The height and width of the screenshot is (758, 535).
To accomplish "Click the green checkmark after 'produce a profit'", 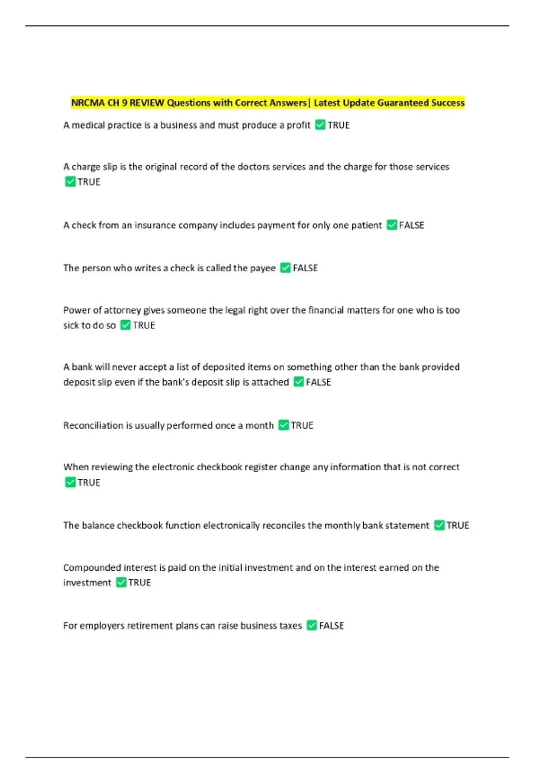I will pyautogui.click(x=320, y=125).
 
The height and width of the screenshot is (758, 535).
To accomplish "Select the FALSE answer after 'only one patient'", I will pyautogui.click(x=412, y=225).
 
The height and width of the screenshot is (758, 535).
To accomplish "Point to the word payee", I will pyautogui.click(x=263, y=268).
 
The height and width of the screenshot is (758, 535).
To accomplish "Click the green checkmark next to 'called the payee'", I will pyautogui.click(x=285, y=268).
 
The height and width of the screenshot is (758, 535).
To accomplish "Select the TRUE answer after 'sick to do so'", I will pyautogui.click(x=144, y=325).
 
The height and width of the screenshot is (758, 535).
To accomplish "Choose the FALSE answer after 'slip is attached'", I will pyautogui.click(x=318, y=382).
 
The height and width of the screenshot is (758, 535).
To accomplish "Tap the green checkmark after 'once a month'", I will pyautogui.click(x=284, y=425).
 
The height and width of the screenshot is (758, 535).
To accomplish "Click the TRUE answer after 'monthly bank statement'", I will pyautogui.click(x=458, y=525).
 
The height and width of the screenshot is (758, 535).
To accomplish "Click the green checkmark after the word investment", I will pyautogui.click(x=121, y=582).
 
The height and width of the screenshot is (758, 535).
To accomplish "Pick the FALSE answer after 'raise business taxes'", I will pyautogui.click(x=331, y=626).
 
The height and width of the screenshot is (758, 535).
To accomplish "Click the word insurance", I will pyautogui.click(x=155, y=225).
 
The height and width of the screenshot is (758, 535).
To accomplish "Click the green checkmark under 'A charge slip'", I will pyautogui.click(x=70, y=181).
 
